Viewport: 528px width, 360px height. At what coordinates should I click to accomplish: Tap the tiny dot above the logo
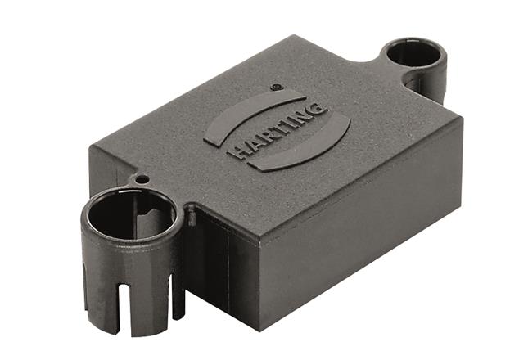pos(276,86)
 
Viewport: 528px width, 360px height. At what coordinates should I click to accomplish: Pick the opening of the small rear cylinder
pos(414,54)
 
